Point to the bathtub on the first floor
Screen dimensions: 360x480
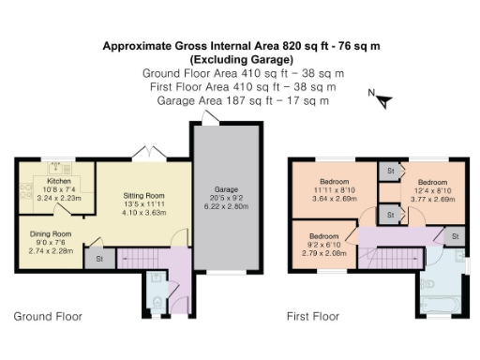[x=442, y=306]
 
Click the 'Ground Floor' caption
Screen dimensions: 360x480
[x=47, y=317]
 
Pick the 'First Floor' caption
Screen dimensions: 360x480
[x=313, y=317]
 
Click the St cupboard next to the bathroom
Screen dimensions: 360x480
[x=455, y=237]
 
